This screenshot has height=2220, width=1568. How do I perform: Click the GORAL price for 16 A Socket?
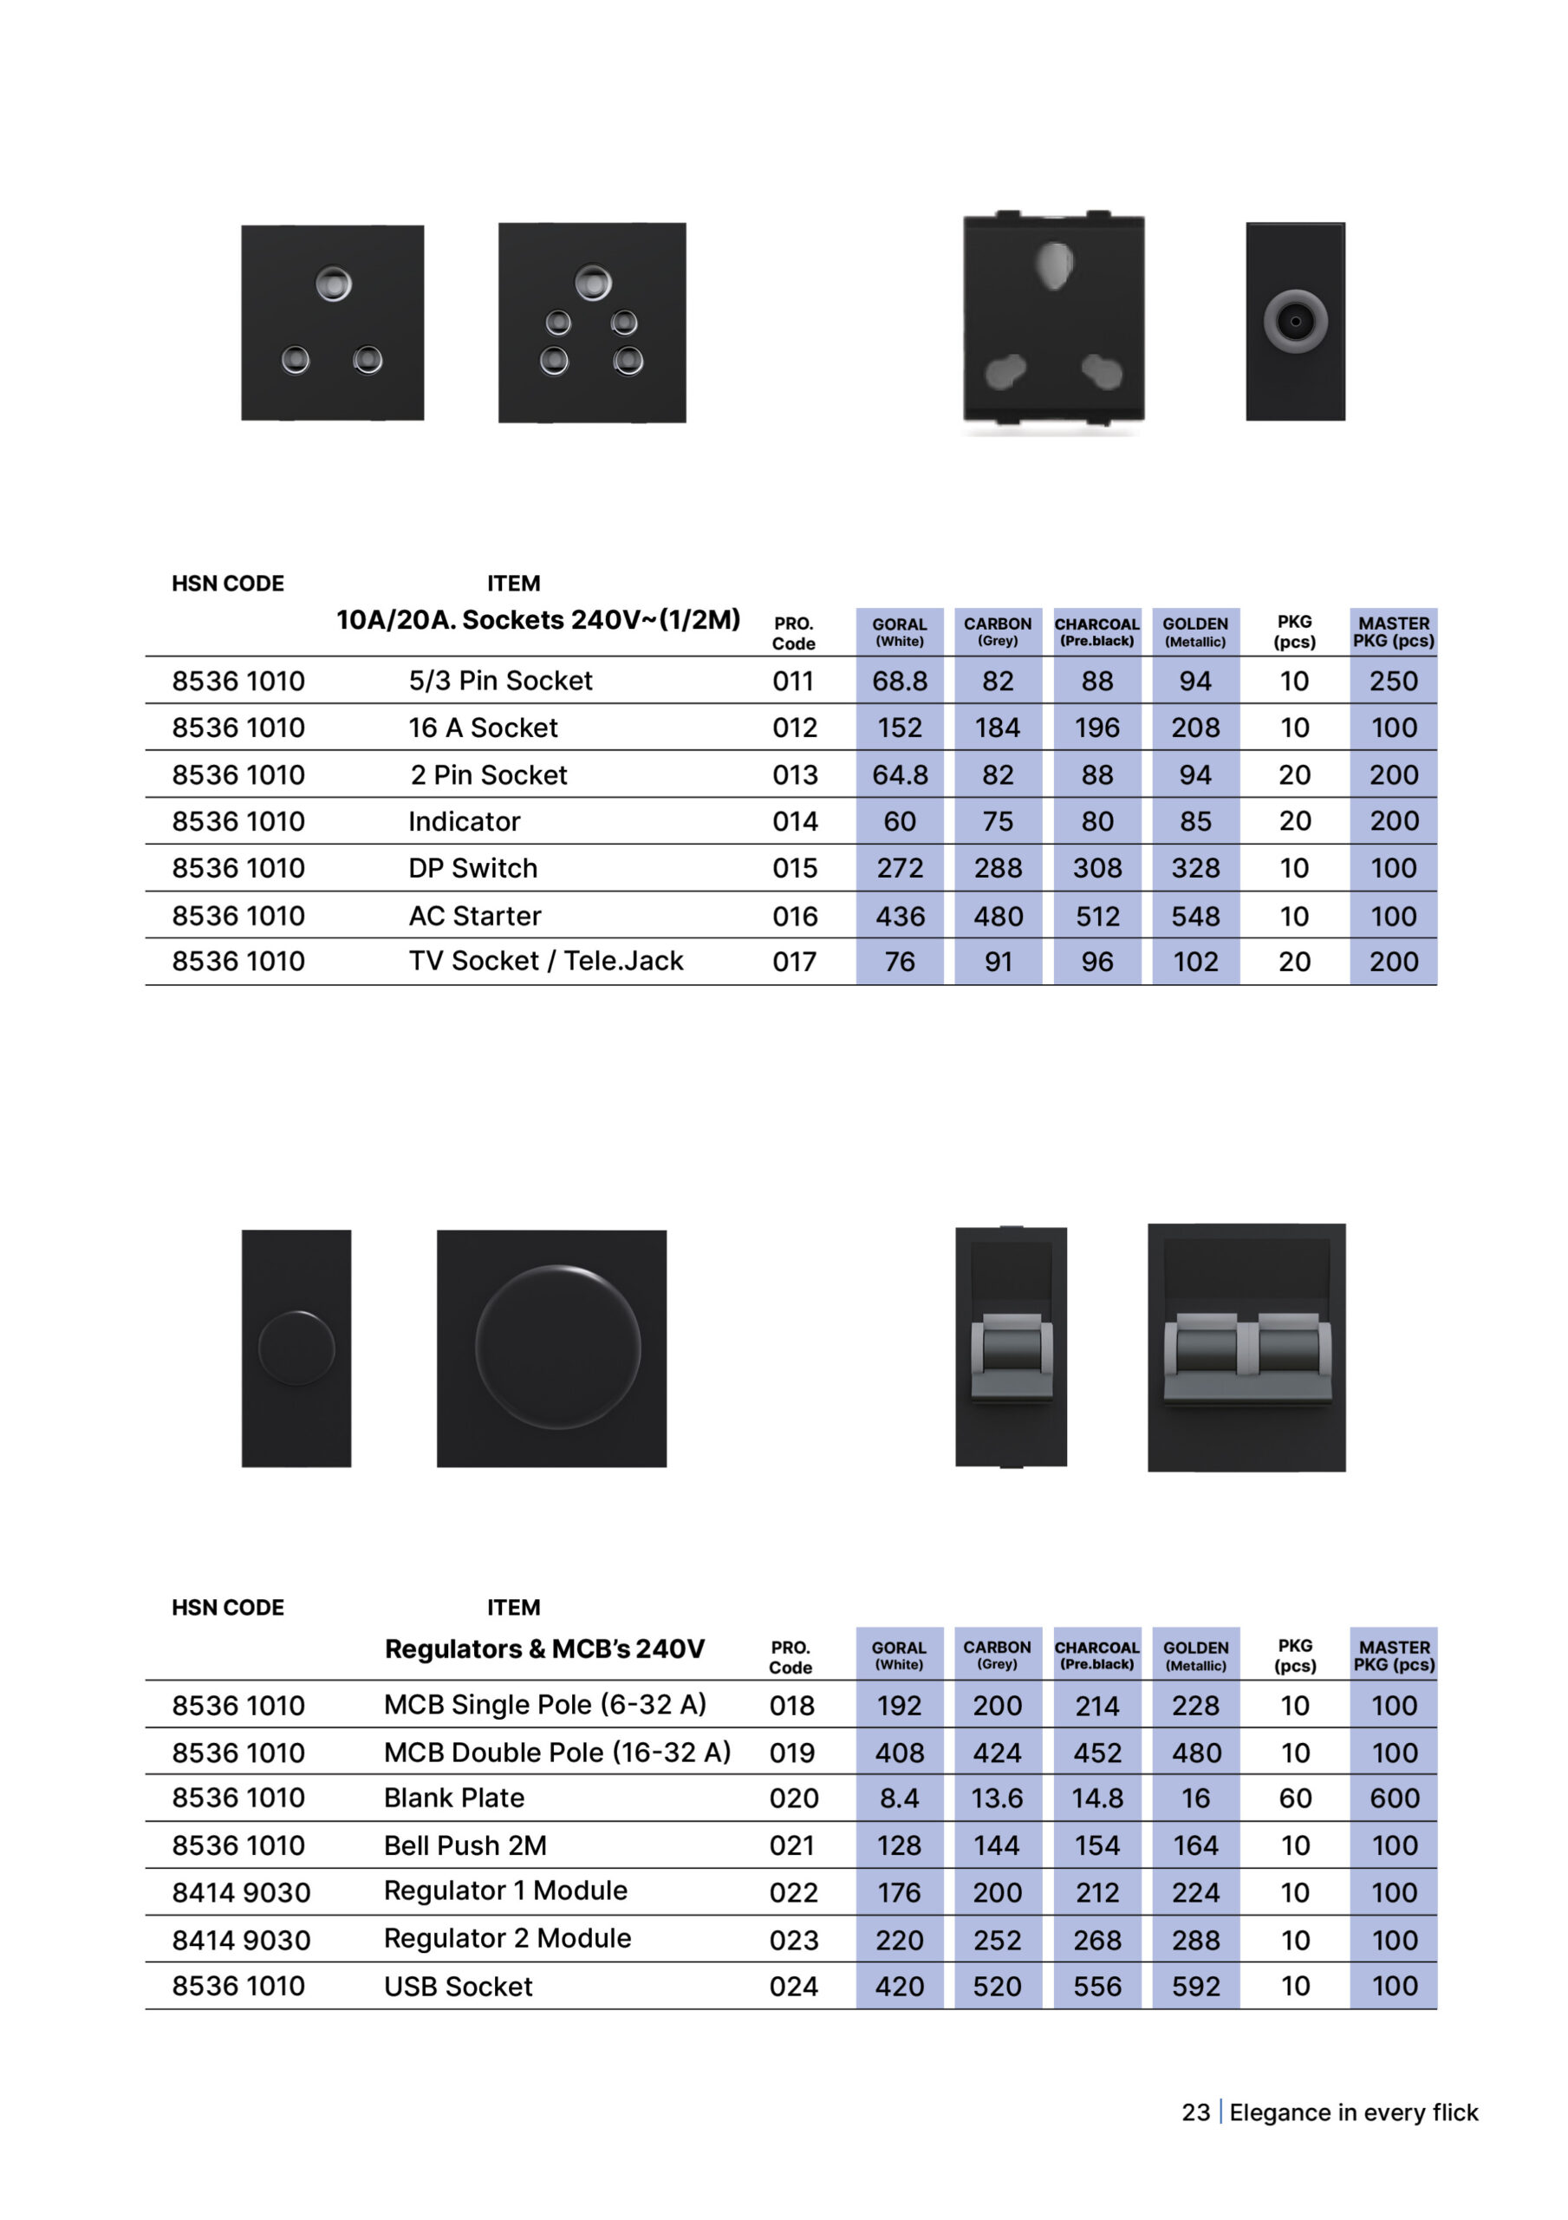(899, 728)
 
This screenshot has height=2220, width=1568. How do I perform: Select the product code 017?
(794, 962)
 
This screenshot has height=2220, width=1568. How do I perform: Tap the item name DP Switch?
(472, 868)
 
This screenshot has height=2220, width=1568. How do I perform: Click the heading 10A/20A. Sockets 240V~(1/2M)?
(537, 620)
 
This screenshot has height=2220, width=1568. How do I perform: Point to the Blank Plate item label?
(453, 1798)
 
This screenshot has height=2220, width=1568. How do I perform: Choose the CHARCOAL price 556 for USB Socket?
(1097, 1986)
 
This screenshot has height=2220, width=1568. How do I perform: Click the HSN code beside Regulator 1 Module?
(241, 1892)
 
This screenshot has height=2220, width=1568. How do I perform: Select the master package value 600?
(1393, 1798)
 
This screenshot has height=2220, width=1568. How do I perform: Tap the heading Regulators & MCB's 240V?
(544, 1649)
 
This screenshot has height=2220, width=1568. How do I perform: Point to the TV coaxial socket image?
(1294, 321)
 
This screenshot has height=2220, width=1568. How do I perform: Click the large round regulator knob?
(558, 1347)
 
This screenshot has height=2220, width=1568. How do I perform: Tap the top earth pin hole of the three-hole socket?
(333, 284)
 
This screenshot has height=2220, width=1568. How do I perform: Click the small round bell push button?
(296, 1348)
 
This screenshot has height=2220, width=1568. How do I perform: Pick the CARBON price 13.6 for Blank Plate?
(997, 1798)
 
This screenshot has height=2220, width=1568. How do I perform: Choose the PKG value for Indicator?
(1294, 821)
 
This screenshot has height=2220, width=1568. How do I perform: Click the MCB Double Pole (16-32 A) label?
(556, 1752)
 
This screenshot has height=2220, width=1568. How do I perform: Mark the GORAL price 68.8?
(899, 681)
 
